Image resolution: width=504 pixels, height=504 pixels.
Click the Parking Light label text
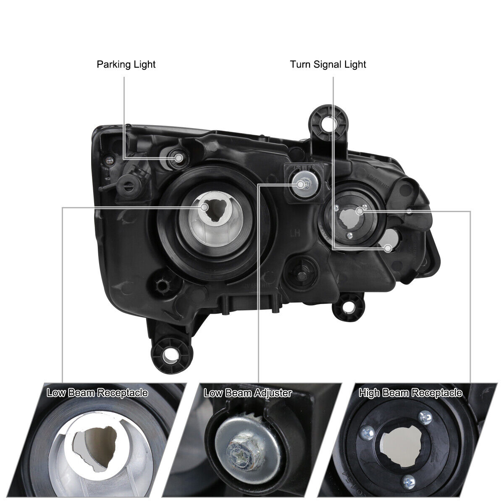point(126,65)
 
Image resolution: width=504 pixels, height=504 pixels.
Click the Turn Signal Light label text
point(328,65)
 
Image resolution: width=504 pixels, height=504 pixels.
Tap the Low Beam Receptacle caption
point(97,393)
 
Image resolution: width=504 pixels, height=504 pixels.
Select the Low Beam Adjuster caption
point(248,393)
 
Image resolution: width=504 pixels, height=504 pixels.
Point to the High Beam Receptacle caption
point(410,393)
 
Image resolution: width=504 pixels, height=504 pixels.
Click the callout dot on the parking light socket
point(179,158)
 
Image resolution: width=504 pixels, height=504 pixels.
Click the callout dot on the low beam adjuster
point(301,184)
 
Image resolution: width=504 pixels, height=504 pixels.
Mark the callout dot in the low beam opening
point(205,207)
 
